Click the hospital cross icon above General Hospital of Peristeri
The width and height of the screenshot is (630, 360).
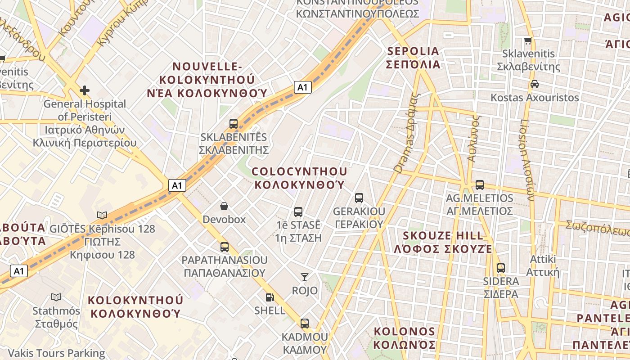[84, 90]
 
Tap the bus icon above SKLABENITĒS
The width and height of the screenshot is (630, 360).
[233, 123]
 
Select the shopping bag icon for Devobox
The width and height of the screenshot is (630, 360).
[224, 206]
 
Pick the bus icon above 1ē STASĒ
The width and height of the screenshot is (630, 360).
[298, 211]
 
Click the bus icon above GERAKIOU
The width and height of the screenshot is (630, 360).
[359, 198]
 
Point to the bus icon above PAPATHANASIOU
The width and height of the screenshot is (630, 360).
[224, 247]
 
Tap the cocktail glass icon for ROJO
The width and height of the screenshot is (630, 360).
[305, 277]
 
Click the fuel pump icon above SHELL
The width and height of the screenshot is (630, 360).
[270, 297]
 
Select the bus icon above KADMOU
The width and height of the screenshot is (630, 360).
[305, 323]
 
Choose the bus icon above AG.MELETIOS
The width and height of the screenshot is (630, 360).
[479, 184]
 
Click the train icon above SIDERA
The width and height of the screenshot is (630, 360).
[500, 268]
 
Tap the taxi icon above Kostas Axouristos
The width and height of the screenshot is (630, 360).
[535, 84]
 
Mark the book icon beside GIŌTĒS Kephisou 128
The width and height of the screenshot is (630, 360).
[102, 215]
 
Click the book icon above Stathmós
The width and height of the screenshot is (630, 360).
[56, 297]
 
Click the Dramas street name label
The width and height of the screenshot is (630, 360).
[406, 133]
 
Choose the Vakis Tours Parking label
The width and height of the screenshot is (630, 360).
[56, 353]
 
